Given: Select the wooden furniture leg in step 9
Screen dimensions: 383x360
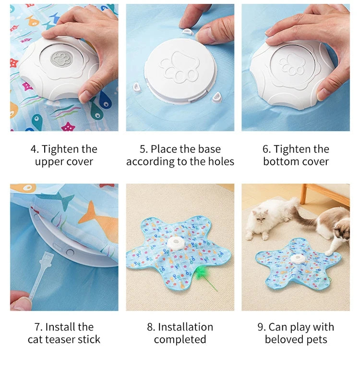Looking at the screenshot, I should [x=303, y=194].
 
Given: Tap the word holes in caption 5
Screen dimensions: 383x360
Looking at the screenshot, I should [x=220, y=161].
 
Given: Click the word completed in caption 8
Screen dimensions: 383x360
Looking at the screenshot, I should [x=180, y=339].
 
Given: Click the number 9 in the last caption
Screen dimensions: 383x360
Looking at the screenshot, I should [x=261, y=327].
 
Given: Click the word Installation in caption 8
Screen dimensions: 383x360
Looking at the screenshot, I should [x=185, y=327].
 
